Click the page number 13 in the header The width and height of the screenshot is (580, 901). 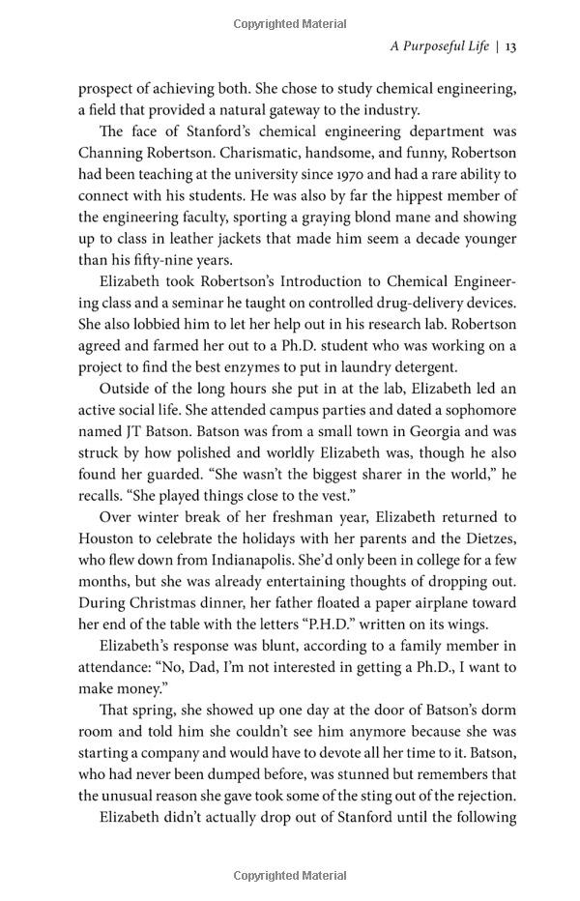pos(510,45)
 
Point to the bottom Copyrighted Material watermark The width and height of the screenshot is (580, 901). pos(289,875)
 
